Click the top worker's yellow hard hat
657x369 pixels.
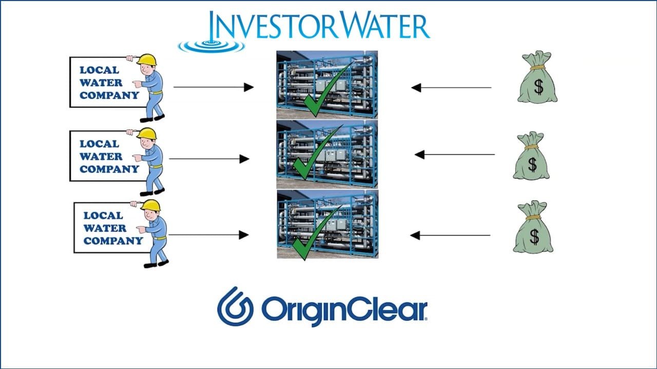click(x=147, y=59)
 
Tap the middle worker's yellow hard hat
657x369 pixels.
click(x=147, y=133)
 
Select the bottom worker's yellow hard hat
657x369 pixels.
click(x=151, y=205)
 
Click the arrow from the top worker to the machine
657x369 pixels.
click(x=214, y=87)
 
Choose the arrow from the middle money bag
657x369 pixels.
click(x=455, y=154)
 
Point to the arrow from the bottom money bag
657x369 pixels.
click(x=450, y=235)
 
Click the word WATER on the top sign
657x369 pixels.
click(x=101, y=83)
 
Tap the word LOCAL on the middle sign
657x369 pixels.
click(x=100, y=144)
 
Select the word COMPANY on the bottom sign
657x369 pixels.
click(x=113, y=241)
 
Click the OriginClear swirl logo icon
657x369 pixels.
click(x=235, y=306)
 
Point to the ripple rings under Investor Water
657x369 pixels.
click(x=211, y=46)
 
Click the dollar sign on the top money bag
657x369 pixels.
click(x=538, y=87)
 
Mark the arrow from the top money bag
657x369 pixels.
click(x=451, y=88)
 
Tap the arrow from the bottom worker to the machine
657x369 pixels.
click(x=208, y=235)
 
